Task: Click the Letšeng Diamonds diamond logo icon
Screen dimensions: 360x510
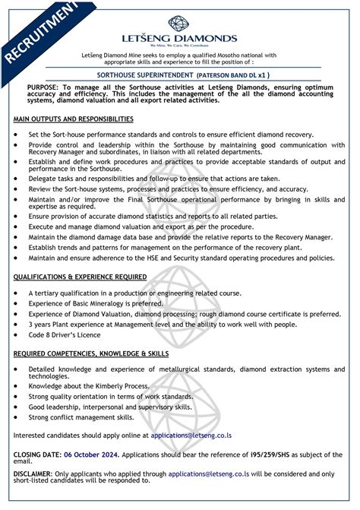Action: point(181,22)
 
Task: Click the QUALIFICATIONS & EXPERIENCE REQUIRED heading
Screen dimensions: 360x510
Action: point(84,277)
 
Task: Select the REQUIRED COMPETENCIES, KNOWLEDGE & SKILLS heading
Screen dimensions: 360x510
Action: point(91,353)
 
